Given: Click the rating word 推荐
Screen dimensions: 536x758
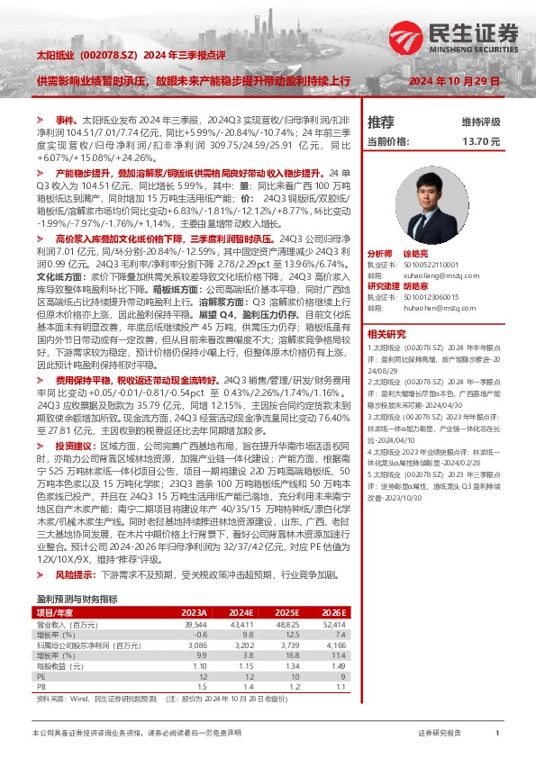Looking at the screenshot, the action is pyautogui.click(x=381, y=122).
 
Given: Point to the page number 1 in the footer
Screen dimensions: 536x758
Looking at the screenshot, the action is pyautogui.click(x=497, y=734).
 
